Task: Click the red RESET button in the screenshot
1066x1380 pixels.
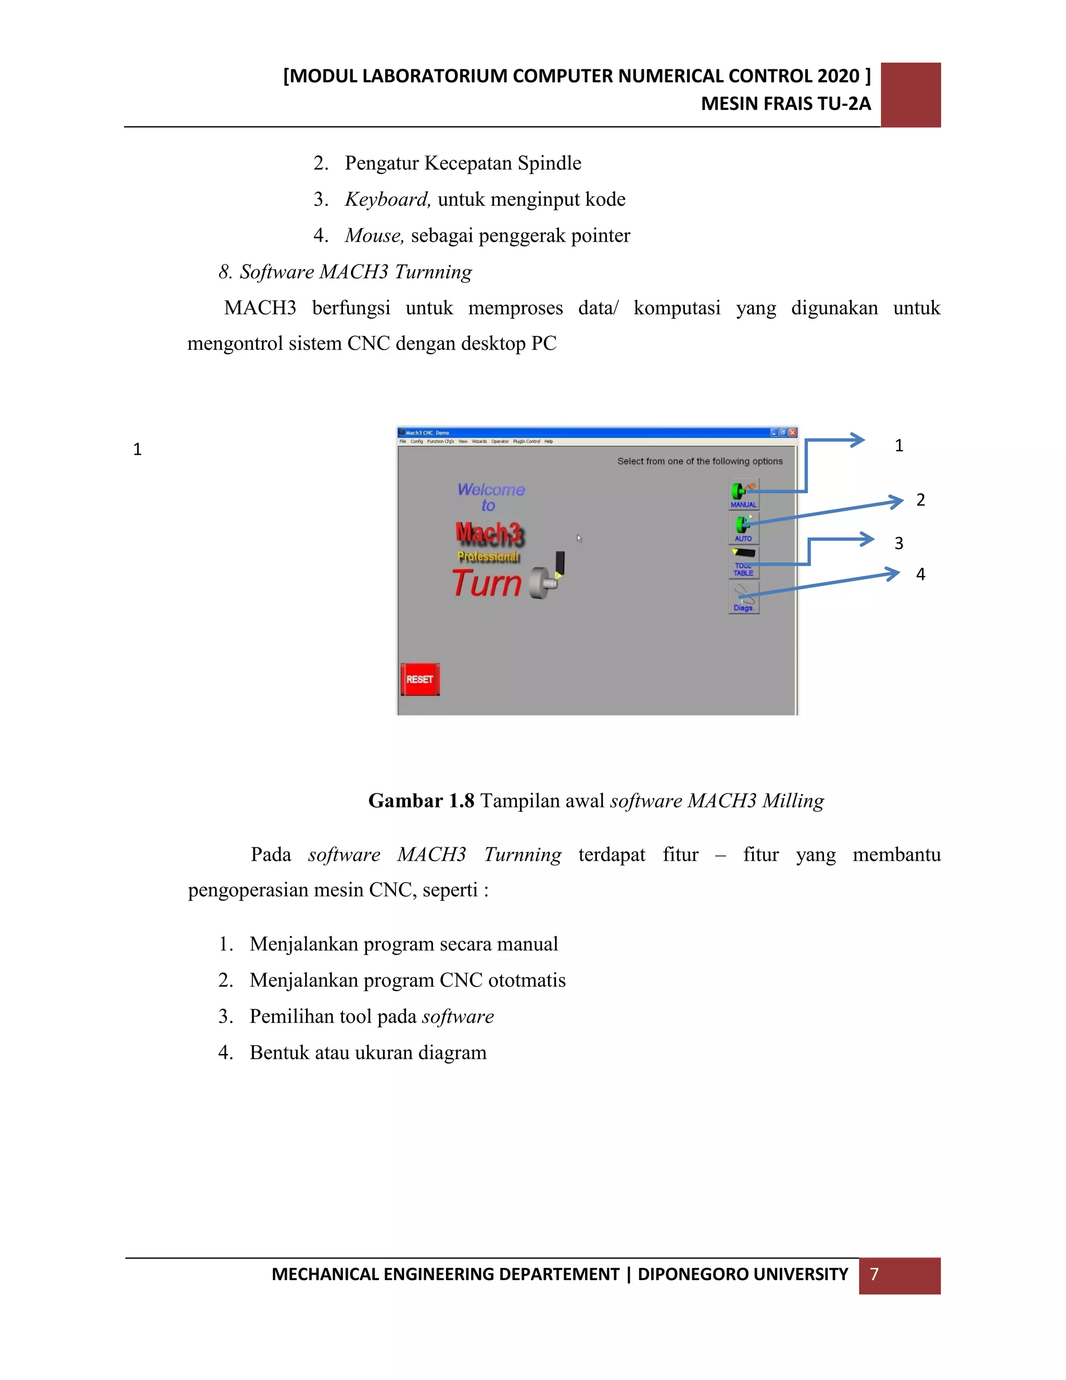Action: (x=420, y=679)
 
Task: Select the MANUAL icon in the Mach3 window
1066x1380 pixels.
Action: (x=743, y=494)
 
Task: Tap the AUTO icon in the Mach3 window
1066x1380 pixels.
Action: (x=743, y=528)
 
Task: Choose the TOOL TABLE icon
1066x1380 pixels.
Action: (x=743, y=562)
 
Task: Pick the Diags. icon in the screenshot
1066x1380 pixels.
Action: (x=743, y=598)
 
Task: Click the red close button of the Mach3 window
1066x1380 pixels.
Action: (x=793, y=433)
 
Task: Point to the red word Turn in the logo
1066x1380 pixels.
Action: (x=486, y=583)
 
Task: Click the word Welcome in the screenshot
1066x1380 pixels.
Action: (x=491, y=490)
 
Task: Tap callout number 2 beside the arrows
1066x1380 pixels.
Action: (x=921, y=500)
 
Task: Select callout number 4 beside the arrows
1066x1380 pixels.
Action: (x=921, y=574)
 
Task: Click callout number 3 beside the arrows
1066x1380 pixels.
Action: (x=898, y=543)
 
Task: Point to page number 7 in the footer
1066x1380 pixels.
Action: (x=874, y=1274)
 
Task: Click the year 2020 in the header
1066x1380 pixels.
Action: (x=838, y=76)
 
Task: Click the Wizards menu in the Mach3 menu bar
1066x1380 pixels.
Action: (x=479, y=442)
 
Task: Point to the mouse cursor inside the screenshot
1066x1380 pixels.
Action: (x=578, y=538)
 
